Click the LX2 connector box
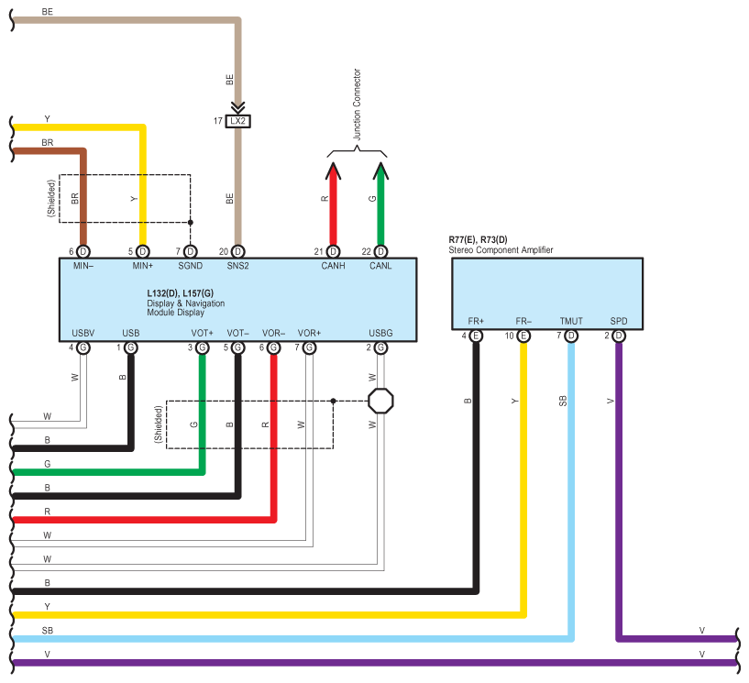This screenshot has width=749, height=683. coord(238,121)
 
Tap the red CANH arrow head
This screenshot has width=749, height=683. coord(333,171)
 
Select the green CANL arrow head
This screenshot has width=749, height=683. coord(380,171)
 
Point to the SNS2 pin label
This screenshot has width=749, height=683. coord(238,266)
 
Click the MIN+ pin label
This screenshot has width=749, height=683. coord(142,266)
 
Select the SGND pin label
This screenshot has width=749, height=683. coord(190,266)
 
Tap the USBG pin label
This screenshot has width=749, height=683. coord(380,333)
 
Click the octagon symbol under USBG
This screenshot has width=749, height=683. coord(380,401)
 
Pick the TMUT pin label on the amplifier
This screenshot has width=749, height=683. coord(571,322)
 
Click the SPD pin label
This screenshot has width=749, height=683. coord(619,322)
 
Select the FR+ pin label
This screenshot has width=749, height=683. coord(476,322)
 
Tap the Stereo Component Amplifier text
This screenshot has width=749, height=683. coord(501,250)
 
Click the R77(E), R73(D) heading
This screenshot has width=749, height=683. coord(477,240)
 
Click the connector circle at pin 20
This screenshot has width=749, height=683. coord(238,251)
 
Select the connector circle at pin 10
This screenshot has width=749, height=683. coord(523,336)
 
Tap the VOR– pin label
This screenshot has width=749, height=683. coord(273,333)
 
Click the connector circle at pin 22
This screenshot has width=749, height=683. coord(380,251)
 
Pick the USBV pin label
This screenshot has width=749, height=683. coord(83,333)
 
